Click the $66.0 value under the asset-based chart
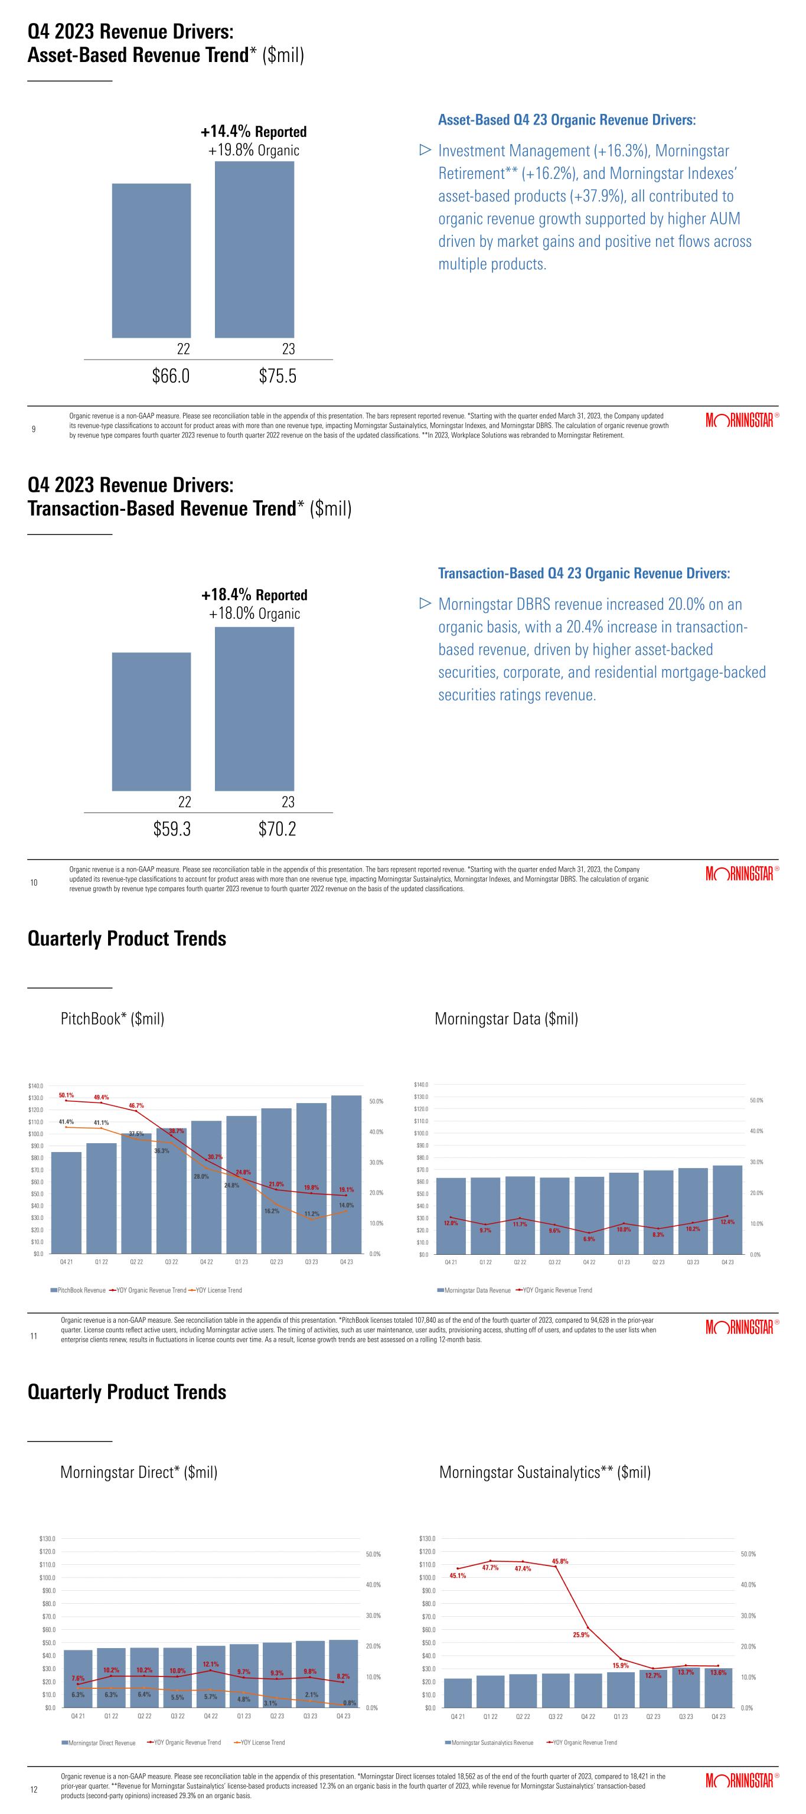coord(171,376)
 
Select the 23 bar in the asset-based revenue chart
coord(254,249)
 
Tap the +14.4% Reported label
coord(253,132)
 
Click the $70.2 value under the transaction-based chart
coord(278,830)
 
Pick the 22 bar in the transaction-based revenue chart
coord(151,721)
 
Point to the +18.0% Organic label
coord(254,614)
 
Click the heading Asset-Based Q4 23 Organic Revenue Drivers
coord(567,120)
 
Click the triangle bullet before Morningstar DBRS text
coord(424,603)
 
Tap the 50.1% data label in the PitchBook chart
coord(66,1095)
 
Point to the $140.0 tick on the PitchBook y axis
coord(35,1086)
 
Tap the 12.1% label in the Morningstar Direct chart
coord(210,1664)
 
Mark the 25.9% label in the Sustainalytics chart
coord(581,1634)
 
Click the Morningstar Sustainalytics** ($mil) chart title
coord(545,1472)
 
